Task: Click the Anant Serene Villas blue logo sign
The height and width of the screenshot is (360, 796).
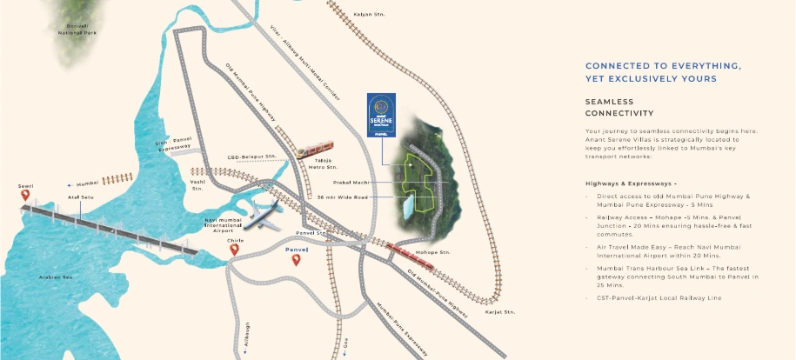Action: coord(381,117)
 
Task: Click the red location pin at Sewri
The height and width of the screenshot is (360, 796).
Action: coord(25,196)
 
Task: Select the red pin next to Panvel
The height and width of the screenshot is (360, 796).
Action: coord(296,260)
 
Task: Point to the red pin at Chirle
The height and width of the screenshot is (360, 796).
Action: coord(234,250)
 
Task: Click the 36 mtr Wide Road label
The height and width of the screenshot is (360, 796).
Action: coord(343,197)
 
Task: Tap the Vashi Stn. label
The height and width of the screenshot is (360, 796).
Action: coord(197,185)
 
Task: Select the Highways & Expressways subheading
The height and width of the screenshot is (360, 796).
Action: coord(625,184)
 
